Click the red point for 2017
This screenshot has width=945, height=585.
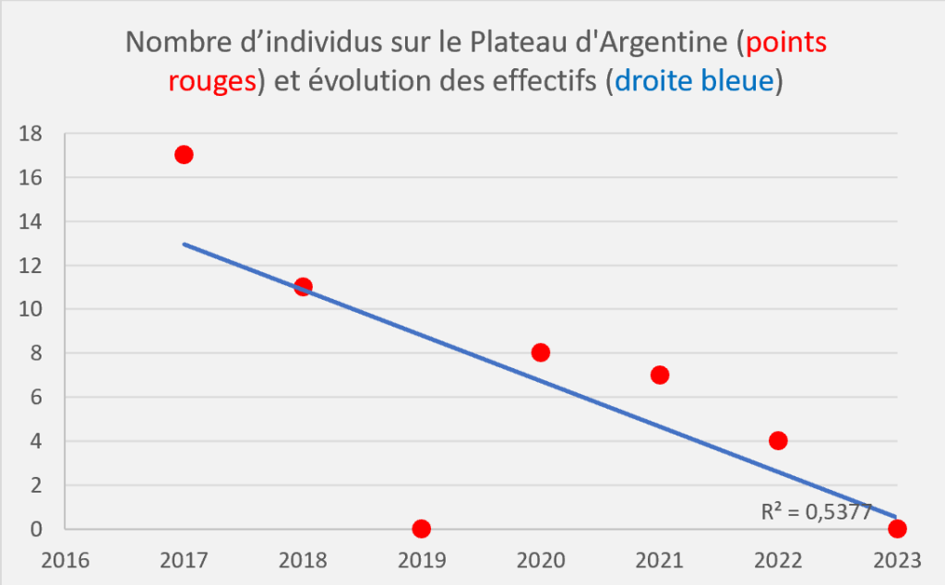click(x=184, y=154)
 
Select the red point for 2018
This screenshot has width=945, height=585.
click(x=303, y=286)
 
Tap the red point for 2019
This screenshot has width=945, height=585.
click(x=422, y=529)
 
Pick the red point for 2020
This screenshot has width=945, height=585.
click(x=541, y=352)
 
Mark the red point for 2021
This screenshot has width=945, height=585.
click(x=660, y=375)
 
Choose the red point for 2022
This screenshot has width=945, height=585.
click(x=778, y=440)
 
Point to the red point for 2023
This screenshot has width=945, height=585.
click(x=897, y=529)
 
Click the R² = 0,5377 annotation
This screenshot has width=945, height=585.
click(x=816, y=512)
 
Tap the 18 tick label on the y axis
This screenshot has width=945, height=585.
click(x=30, y=133)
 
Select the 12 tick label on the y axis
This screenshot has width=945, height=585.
click(x=30, y=265)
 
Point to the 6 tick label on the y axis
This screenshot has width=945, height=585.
click(x=36, y=397)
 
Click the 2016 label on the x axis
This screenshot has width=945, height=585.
click(x=65, y=561)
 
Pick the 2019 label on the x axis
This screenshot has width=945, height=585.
click(x=422, y=561)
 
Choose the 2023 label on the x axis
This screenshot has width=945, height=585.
click(x=897, y=561)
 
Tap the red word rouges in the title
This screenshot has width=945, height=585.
click(x=211, y=81)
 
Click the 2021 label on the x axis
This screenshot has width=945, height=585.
click(x=660, y=561)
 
